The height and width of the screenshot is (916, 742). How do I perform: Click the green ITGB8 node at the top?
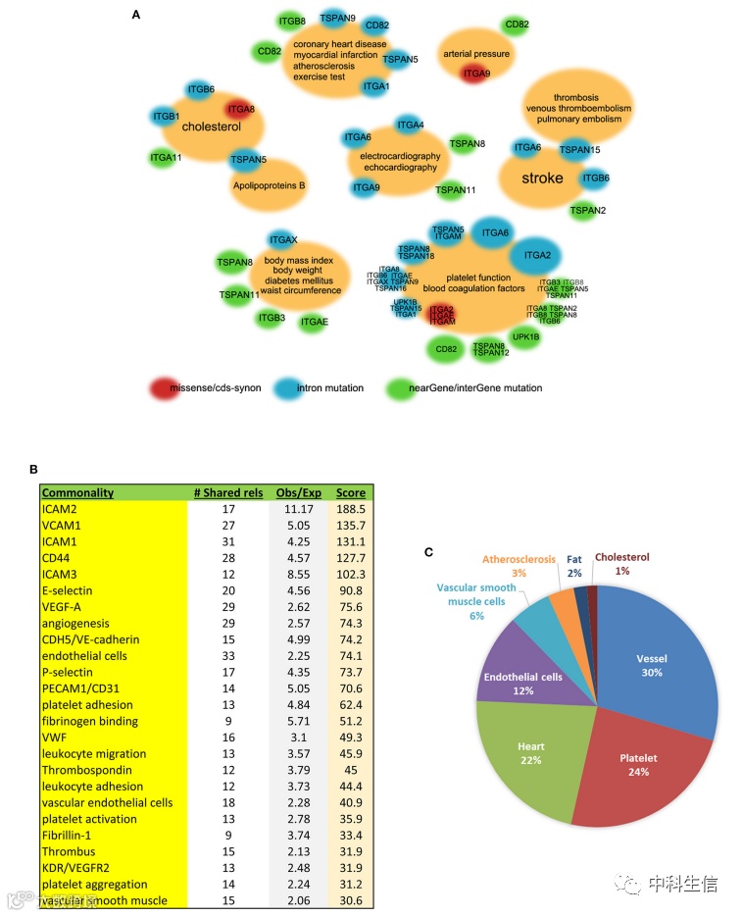[x=292, y=21]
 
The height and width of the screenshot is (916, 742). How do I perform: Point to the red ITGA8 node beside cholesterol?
[x=242, y=109]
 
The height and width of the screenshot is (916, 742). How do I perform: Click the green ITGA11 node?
[x=166, y=157]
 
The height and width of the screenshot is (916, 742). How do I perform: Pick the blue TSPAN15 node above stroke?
[x=579, y=149]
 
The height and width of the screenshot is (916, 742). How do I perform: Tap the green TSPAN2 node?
[x=588, y=209]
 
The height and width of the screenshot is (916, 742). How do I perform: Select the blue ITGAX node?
[x=282, y=240]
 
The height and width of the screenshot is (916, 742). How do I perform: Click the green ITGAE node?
[x=314, y=321]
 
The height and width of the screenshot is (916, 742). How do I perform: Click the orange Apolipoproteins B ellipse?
[x=270, y=183]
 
